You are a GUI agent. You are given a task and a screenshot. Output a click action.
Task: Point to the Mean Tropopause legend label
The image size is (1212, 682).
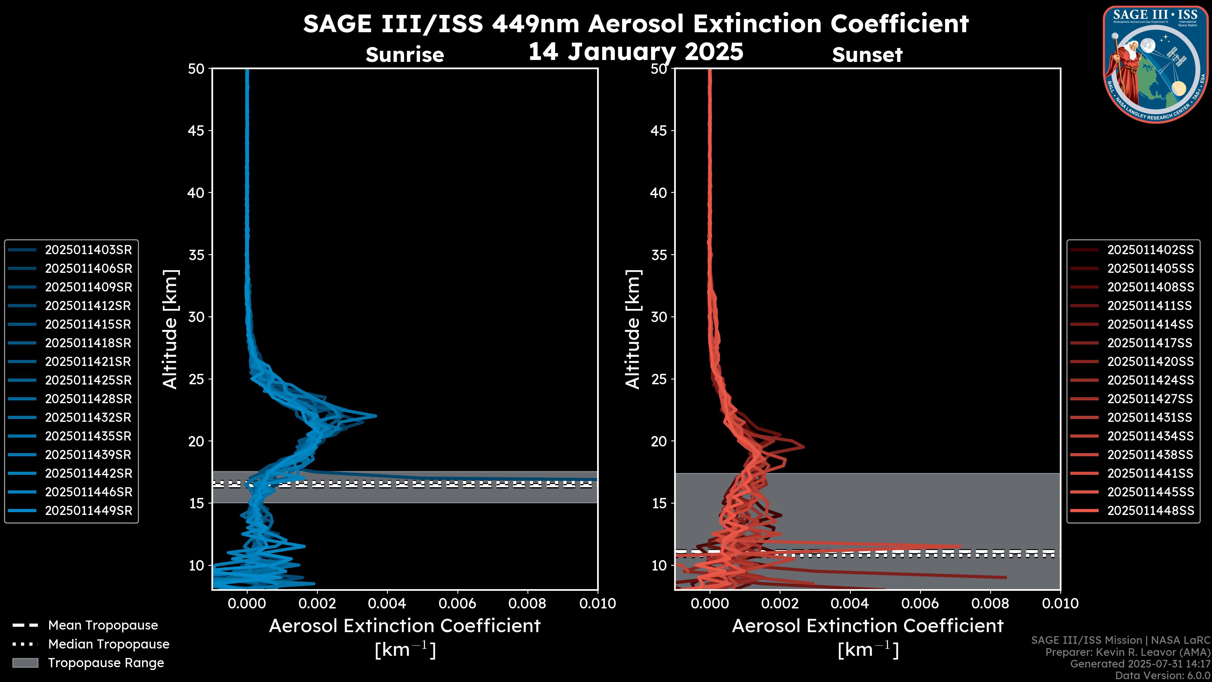(103, 625)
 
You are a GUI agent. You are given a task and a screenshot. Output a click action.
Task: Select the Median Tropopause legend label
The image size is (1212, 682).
(109, 644)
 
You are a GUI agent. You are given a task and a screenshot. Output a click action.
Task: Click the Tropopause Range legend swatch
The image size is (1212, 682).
(25, 663)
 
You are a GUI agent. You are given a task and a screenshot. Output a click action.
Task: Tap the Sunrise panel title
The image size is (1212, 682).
(405, 55)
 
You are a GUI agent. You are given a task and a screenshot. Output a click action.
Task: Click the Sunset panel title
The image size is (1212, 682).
(867, 55)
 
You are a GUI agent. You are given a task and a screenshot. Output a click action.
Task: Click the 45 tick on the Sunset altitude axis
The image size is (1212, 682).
(659, 130)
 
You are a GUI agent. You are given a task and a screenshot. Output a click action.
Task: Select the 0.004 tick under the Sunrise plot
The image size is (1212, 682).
(387, 603)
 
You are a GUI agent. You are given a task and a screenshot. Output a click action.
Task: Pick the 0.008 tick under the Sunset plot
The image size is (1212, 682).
(990, 603)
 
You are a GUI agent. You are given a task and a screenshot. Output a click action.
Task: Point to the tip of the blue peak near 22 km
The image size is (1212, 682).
(376, 416)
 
